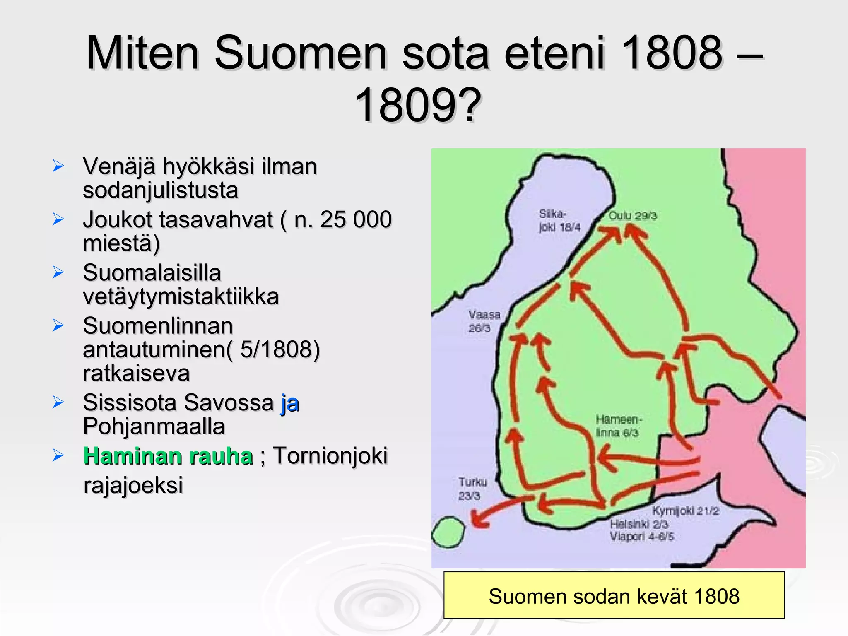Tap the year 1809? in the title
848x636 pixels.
click(x=418, y=105)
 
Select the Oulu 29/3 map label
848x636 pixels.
click(x=632, y=216)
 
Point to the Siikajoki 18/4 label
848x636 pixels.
click(x=559, y=220)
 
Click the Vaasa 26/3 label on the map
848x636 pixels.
click(x=484, y=321)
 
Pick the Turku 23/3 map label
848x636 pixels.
click(x=472, y=489)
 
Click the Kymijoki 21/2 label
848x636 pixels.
click(x=685, y=511)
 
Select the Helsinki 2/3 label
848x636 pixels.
click(x=639, y=524)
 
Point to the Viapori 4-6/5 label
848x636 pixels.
click(x=641, y=537)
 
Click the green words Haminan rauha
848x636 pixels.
click(x=168, y=456)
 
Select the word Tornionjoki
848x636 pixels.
click(x=330, y=456)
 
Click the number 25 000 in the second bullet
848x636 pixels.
click(x=356, y=219)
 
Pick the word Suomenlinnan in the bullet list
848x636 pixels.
click(x=158, y=326)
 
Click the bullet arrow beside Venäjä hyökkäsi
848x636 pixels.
click(x=58, y=166)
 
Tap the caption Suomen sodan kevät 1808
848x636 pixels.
click(x=614, y=596)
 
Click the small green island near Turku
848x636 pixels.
click(x=448, y=532)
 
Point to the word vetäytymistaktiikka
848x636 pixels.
click(x=181, y=296)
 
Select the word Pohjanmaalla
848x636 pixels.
click(x=154, y=426)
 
